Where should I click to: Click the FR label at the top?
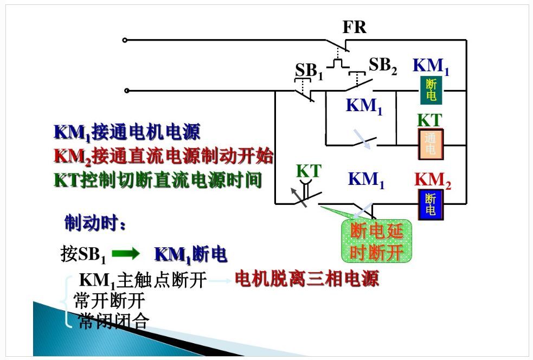tap(354, 27)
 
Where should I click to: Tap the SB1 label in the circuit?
tap(309, 71)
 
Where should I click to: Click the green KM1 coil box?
tap(431, 90)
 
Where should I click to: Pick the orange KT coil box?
tap(431, 144)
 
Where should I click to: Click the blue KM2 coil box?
tap(431, 204)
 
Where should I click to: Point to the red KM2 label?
tap(433, 180)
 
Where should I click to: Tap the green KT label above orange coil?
tap(429, 120)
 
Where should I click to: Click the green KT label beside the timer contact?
tap(309, 171)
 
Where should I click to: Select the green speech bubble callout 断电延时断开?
tap(376, 242)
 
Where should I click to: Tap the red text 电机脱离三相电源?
tap(306, 279)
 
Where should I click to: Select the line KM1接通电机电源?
tap(127, 132)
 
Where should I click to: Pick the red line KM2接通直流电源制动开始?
tap(163, 156)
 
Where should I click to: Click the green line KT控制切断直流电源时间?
tap(157, 180)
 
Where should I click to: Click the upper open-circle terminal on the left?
tap(126, 40)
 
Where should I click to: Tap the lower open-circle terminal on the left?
tap(126, 91)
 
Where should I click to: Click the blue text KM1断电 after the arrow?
tap(190, 254)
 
